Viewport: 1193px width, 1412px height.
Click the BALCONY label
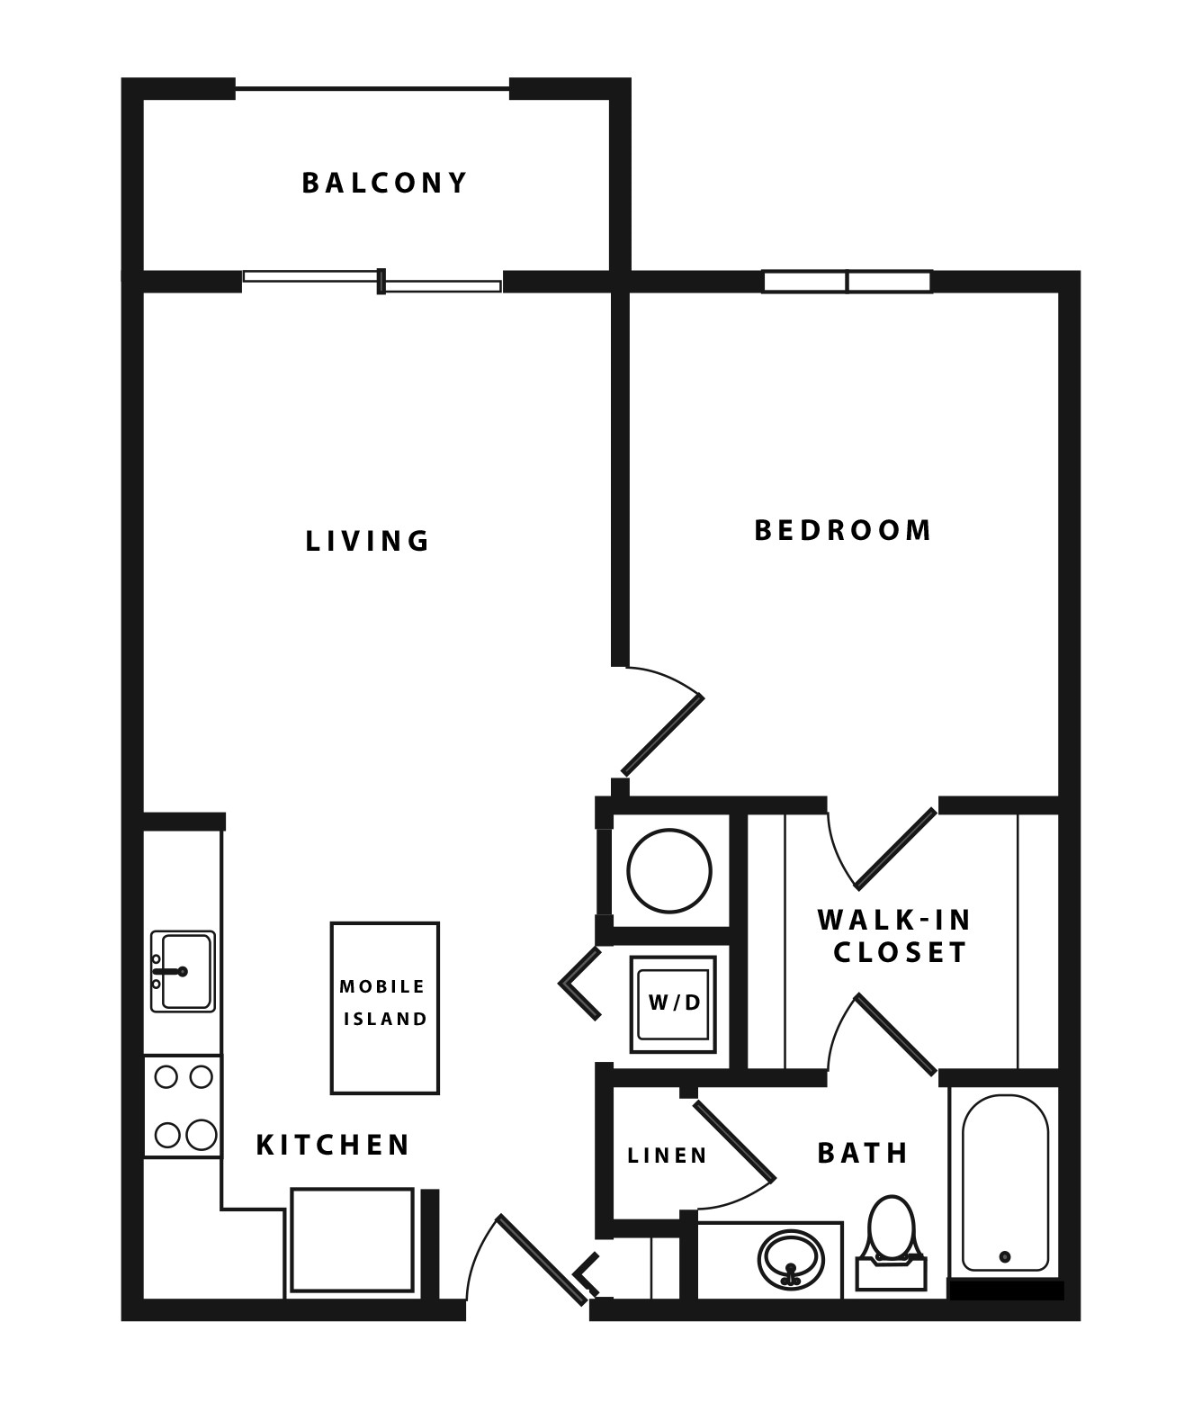click(x=384, y=183)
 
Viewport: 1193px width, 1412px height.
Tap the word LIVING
click(x=368, y=541)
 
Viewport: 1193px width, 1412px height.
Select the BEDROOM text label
click(x=842, y=530)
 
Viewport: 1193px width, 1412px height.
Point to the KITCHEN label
click(x=333, y=1145)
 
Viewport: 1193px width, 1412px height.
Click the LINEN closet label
click(x=667, y=1155)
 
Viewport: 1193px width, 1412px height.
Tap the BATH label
click(x=863, y=1153)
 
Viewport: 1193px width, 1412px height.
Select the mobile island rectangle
click(x=384, y=1007)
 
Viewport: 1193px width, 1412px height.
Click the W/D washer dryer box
click(x=673, y=1003)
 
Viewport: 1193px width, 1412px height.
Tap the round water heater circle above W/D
click(x=669, y=871)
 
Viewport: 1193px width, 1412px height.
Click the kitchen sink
click(x=183, y=971)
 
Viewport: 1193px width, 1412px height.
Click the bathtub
click(x=1004, y=1183)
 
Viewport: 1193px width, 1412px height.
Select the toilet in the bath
click(x=891, y=1237)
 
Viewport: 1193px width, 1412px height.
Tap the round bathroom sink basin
click(x=790, y=1258)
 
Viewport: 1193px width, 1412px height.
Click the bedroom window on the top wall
click(x=847, y=282)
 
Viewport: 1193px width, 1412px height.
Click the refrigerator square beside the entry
click(x=352, y=1241)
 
